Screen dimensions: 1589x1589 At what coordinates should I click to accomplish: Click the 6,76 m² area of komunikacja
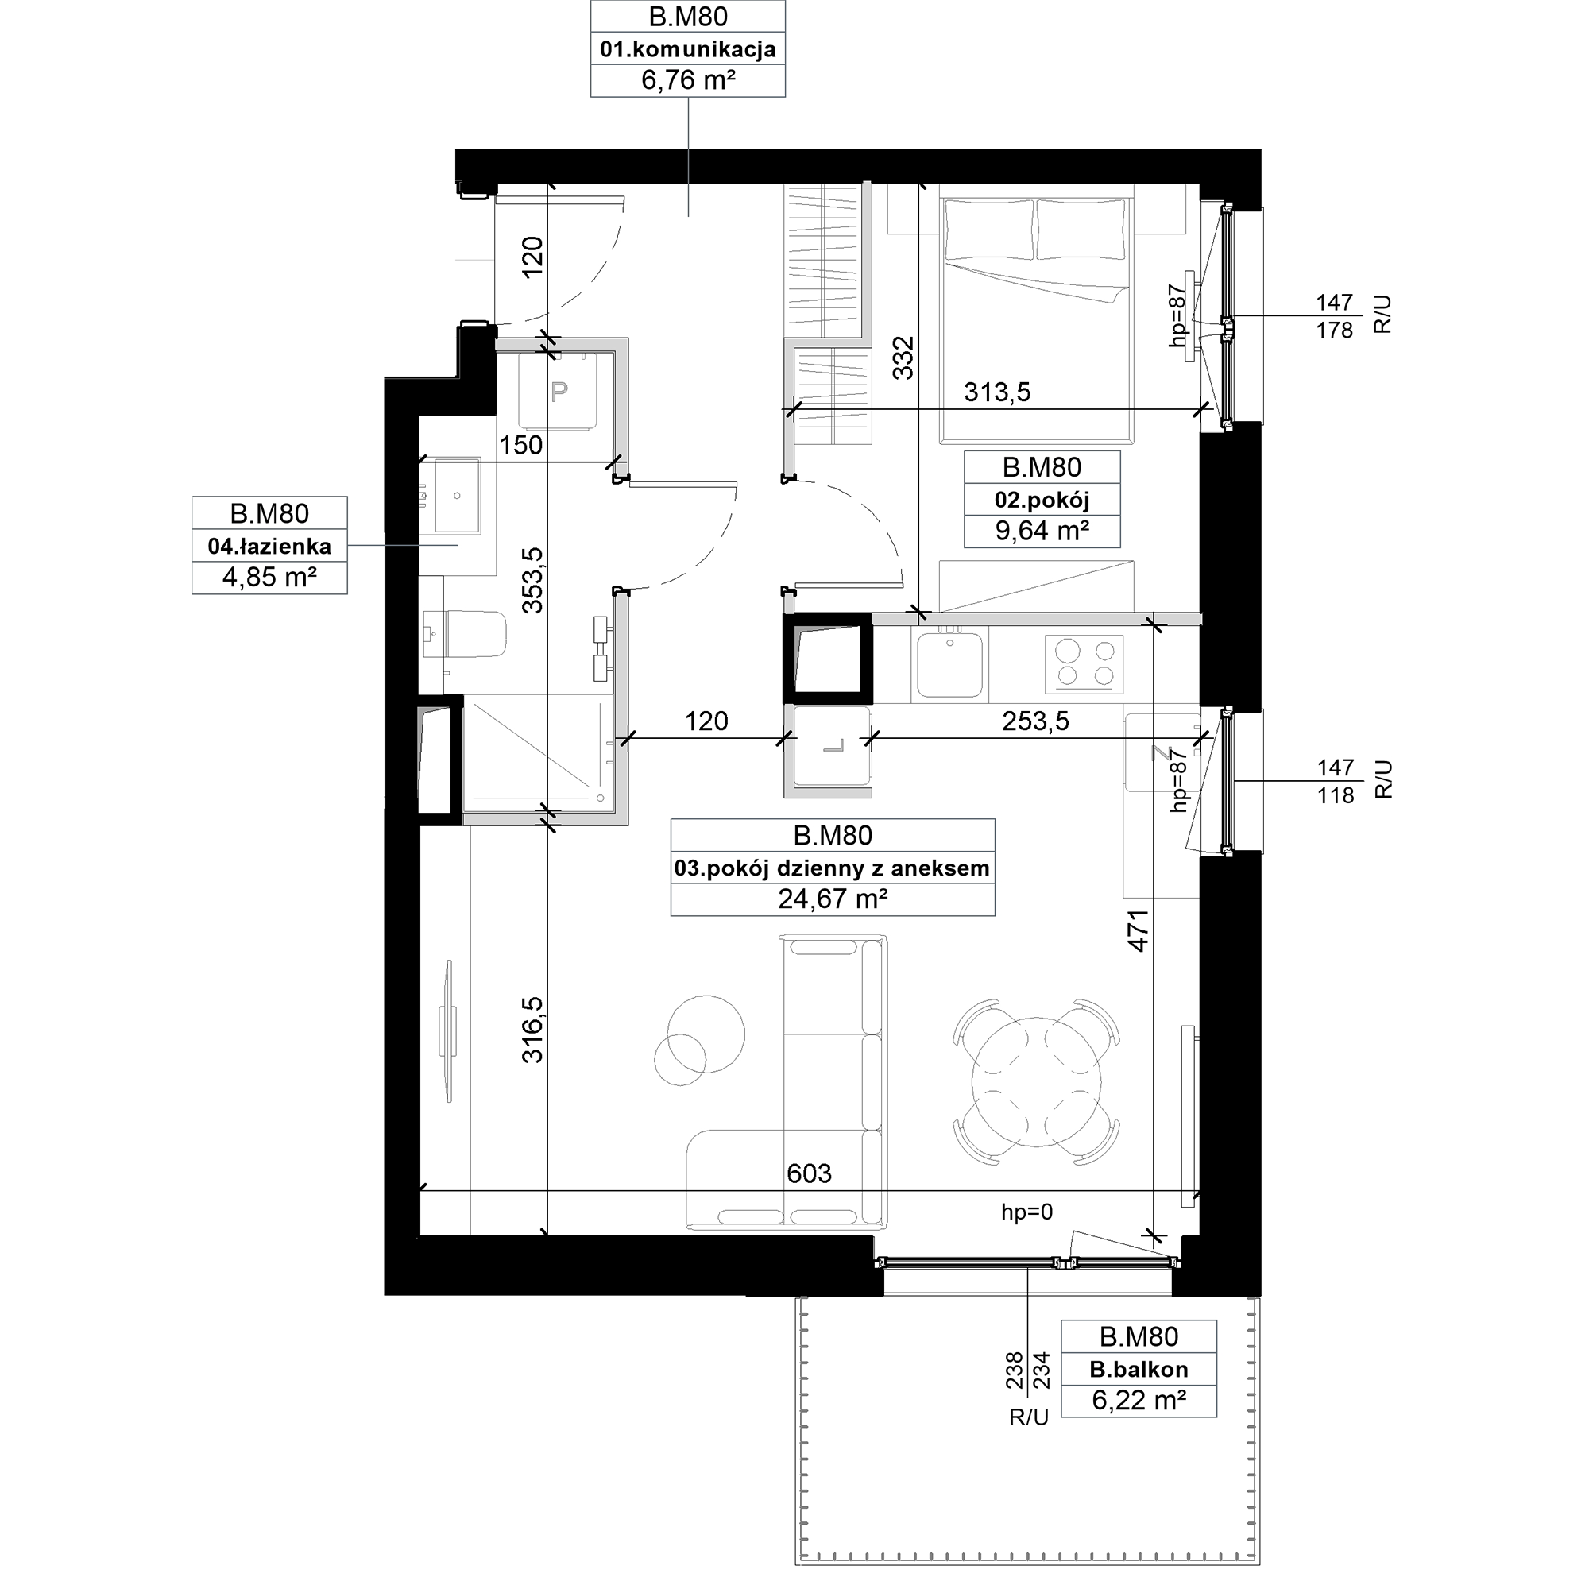687,80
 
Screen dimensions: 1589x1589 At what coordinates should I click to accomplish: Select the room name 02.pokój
1042,499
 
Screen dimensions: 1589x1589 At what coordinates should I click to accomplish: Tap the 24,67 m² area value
833,899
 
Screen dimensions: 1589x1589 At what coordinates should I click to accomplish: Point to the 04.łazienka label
270,545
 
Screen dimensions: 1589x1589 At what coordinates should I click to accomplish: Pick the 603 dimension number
810,1173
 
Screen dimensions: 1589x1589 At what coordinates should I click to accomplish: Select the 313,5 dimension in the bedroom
997,392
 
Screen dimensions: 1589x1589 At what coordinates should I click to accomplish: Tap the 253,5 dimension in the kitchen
1035,721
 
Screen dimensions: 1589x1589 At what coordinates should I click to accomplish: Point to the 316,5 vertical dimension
533,1029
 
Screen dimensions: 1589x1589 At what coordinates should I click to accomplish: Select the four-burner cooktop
1083,663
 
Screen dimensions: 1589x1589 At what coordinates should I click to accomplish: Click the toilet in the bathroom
463,633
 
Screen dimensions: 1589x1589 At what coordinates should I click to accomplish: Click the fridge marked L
832,746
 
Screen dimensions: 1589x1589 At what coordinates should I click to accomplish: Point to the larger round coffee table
706,1034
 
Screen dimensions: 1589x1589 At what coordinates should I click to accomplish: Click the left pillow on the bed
989,230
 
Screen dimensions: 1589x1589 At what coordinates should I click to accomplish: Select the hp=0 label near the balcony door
1026,1212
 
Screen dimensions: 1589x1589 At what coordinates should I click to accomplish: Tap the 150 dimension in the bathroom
521,445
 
